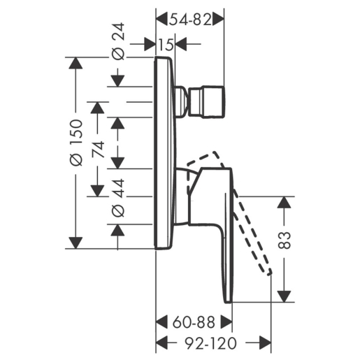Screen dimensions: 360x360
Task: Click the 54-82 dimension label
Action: pos(190,20)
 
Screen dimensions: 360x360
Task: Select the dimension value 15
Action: pos(166,45)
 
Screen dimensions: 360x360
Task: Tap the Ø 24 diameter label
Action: pos(118,41)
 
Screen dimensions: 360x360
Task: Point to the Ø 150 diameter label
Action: pos(76,143)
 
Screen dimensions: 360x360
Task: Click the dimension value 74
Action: pos(98,150)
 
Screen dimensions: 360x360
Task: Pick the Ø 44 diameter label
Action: pos(118,198)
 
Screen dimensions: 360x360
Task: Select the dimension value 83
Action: pos(285,240)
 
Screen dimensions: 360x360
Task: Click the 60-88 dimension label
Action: pos(194,323)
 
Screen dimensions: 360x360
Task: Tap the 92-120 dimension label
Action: pos(210,343)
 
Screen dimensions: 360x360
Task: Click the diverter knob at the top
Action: pos(207,101)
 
